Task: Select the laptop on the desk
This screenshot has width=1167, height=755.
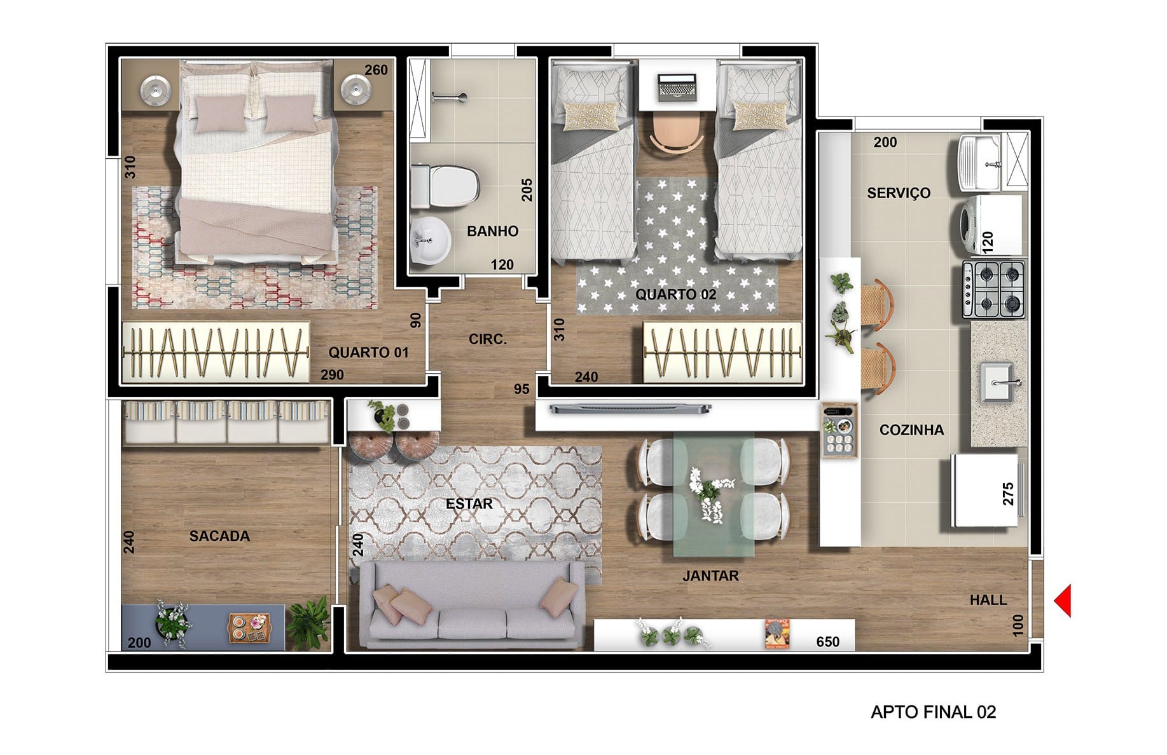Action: click(x=677, y=87)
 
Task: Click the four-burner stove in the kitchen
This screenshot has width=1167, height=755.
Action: click(x=993, y=290)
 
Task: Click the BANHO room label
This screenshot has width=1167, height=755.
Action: click(x=492, y=231)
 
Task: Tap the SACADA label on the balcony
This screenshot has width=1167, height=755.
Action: click(x=219, y=536)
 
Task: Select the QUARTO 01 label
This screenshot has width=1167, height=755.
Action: click(x=368, y=353)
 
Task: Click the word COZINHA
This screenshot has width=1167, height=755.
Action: click(x=911, y=430)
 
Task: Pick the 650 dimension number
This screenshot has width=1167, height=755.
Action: click(x=827, y=642)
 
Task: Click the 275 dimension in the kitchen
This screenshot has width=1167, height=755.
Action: click(x=1008, y=494)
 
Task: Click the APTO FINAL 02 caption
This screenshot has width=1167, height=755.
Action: click(x=933, y=712)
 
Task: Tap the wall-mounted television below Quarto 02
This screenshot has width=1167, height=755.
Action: click(x=630, y=408)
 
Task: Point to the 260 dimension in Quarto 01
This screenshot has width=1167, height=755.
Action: click(x=376, y=70)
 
